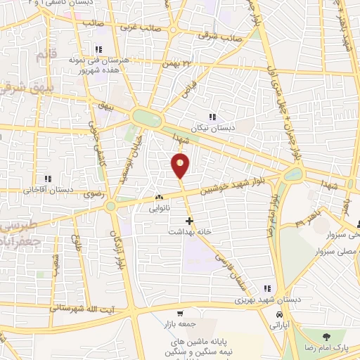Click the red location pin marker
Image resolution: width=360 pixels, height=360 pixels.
(181, 166)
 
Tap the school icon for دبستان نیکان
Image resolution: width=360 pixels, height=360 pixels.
(212, 117)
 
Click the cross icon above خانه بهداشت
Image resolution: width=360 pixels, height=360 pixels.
(189, 220)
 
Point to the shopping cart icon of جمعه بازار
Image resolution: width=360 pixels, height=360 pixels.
(181, 314)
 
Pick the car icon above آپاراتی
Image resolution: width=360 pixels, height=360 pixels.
(280, 314)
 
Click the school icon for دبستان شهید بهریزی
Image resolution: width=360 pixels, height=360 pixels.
(266, 288)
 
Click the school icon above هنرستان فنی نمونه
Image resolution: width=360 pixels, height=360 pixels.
(98, 50)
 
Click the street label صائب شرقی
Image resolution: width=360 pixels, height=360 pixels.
(219, 33)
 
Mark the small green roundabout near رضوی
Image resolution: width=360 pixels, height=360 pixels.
(110, 207)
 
